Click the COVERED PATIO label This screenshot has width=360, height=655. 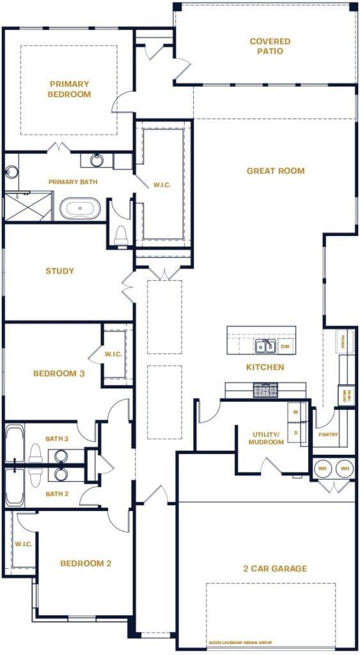270,46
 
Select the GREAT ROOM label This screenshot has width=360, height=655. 276,171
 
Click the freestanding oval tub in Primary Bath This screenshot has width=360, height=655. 80,209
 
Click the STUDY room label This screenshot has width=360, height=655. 59,271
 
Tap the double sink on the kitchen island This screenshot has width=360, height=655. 265,347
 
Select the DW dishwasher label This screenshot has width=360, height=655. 285,347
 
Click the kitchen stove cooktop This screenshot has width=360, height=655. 265,390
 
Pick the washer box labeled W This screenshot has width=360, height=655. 295,413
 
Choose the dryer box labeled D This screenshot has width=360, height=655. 295,433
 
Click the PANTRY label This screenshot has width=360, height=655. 327,435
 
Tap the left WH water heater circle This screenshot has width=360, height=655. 322,469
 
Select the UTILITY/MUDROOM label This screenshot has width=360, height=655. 266,438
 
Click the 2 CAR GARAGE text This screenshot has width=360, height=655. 275,568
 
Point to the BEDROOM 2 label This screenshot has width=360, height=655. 86,564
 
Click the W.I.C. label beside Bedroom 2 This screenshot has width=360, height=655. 23,544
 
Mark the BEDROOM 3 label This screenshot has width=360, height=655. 59,374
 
